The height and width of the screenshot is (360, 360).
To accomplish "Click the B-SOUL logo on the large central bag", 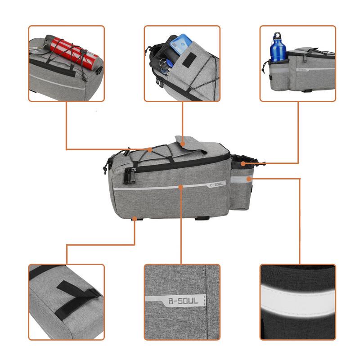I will [216, 184].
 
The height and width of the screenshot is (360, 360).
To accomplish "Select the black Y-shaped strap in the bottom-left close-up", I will [79, 295].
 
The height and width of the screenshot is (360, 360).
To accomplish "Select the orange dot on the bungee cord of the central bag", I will [150, 150].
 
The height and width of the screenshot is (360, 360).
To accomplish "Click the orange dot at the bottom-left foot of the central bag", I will [135, 219].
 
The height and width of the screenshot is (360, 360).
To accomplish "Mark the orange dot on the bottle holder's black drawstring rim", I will [243, 163].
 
